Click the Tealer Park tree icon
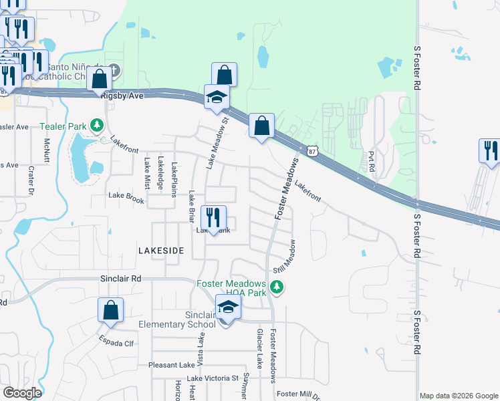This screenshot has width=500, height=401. [98, 125]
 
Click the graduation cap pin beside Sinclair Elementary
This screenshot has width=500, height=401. [228, 308]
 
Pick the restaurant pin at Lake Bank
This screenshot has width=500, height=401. [213, 218]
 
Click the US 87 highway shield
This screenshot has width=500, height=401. [312, 152]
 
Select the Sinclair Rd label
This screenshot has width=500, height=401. [121, 277]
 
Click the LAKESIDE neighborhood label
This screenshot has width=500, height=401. [160, 250]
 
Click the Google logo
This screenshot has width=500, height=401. [22, 393]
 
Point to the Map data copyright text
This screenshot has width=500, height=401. [459, 396]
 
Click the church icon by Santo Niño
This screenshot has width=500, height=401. [114, 70]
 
